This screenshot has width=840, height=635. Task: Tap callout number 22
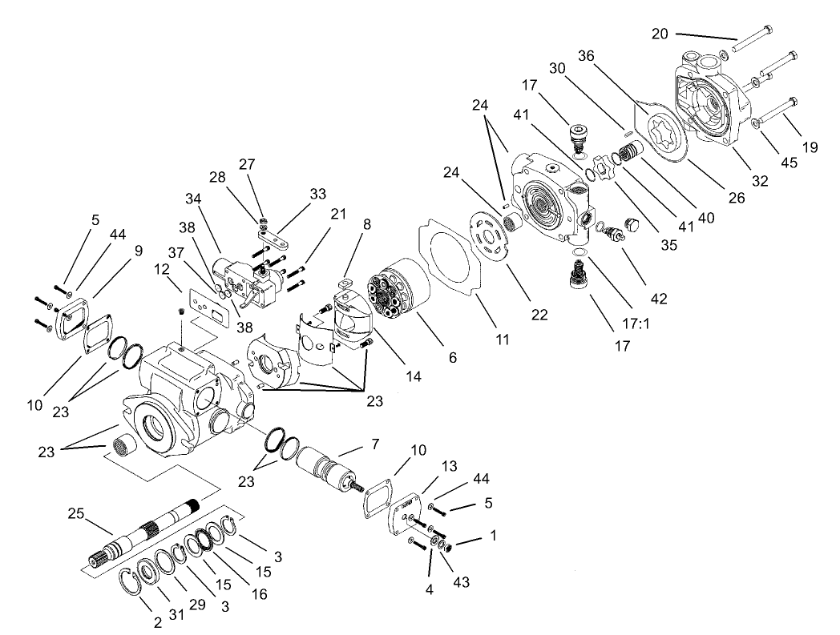coord(539,315)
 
